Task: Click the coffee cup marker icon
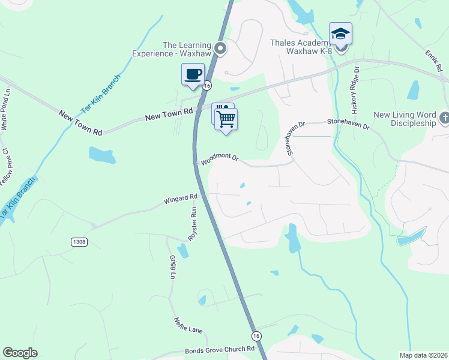(193, 75)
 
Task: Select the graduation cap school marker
(340, 34)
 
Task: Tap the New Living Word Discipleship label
(405, 119)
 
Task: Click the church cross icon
(444, 118)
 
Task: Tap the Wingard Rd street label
(180, 198)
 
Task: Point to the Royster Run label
(193, 224)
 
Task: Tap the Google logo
(20, 353)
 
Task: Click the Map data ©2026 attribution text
(423, 355)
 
